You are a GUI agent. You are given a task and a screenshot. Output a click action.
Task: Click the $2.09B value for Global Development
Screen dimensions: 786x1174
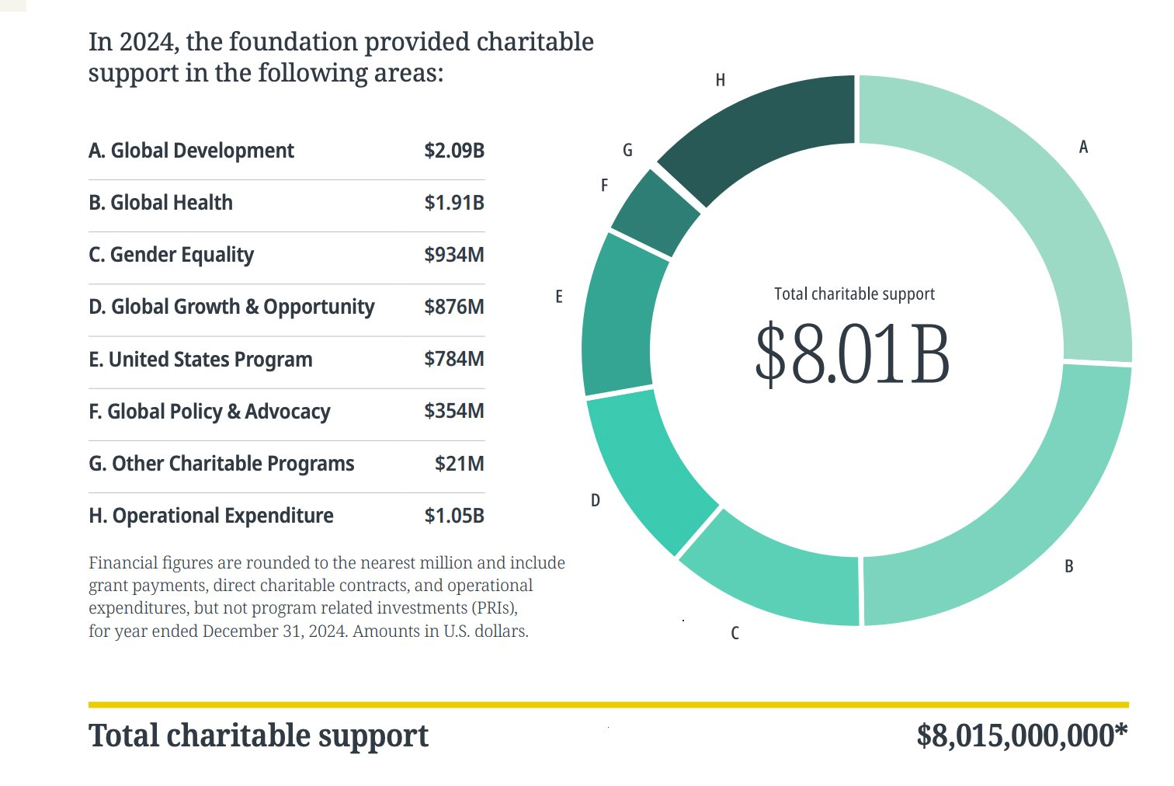[x=453, y=151]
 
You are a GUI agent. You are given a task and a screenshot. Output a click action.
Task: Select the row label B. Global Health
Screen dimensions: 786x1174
[x=161, y=203]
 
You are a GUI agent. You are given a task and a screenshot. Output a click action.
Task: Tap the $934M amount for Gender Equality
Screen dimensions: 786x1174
[x=453, y=255]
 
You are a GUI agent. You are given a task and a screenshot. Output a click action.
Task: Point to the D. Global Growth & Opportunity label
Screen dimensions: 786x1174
[x=231, y=307]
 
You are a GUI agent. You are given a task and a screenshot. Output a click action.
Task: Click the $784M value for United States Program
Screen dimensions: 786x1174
[x=453, y=359]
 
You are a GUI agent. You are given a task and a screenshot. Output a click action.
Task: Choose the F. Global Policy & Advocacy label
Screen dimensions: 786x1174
[x=210, y=412]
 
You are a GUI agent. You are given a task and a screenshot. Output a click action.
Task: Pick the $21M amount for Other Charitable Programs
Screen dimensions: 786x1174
[x=459, y=464]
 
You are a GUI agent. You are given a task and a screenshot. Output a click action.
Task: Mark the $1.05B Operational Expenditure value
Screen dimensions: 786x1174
[x=453, y=516]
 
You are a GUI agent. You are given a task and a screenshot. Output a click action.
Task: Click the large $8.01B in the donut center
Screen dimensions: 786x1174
[x=852, y=355]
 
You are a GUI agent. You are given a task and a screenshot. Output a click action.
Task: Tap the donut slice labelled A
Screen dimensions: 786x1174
[x=1033, y=210]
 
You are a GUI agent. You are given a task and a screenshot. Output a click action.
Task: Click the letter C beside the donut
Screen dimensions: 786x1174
[x=735, y=634]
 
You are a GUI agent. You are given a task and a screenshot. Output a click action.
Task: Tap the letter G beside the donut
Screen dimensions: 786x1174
[x=627, y=151]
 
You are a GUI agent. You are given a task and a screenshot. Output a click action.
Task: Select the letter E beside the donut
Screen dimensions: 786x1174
[x=558, y=297]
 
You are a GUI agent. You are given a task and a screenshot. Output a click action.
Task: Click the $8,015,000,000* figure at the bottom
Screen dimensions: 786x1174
[x=1021, y=736]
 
